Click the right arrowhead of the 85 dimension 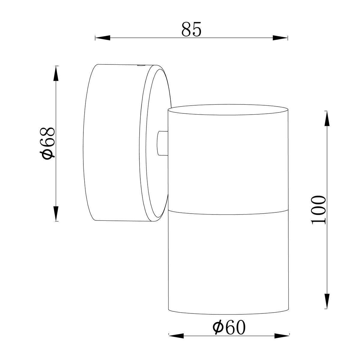point(280,38)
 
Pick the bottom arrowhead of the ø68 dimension point(56,213)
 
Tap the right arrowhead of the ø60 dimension point(282,325)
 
